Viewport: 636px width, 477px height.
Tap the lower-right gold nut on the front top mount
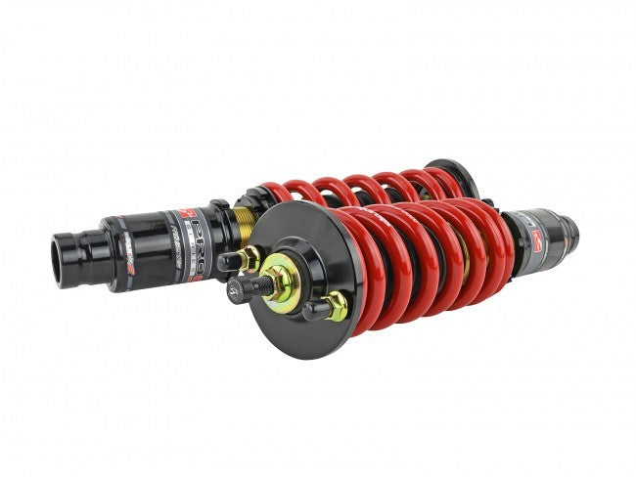click(336, 307)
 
